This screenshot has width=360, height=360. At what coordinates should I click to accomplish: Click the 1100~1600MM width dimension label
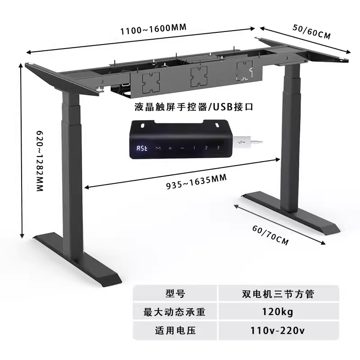(x=153, y=29)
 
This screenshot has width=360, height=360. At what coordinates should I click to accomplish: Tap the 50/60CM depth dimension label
(x=311, y=31)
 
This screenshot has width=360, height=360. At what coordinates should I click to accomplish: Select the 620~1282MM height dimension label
(x=40, y=161)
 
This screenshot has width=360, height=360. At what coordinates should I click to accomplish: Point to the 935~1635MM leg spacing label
(x=196, y=182)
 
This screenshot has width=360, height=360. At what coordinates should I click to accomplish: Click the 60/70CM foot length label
(x=270, y=235)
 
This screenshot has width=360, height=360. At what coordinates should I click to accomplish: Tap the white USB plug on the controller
(x=247, y=142)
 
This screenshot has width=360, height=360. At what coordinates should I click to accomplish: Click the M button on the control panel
(x=158, y=148)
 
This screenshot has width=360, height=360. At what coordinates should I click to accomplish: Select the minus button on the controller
(x=182, y=148)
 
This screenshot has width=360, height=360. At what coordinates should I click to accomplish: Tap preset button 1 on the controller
(x=194, y=148)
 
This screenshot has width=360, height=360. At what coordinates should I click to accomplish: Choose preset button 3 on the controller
(x=218, y=148)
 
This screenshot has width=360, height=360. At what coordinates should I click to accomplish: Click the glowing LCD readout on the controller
(x=142, y=148)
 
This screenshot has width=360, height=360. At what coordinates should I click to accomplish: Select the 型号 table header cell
(x=175, y=293)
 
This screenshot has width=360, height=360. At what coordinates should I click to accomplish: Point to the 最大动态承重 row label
(x=175, y=311)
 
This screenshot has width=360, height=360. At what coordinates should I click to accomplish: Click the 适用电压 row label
(x=175, y=331)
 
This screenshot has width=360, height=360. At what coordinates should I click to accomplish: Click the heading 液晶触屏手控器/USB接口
(x=194, y=107)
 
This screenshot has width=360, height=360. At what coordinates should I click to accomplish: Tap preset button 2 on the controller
(x=206, y=148)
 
